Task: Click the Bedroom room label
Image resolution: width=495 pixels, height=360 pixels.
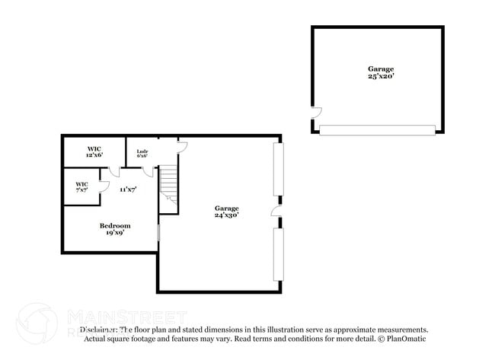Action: pyautogui.click(x=115, y=225)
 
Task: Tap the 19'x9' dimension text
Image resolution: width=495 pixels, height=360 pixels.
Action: pyautogui.click(x=115, y=233)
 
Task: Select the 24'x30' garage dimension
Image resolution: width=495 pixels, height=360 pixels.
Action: pyautogui.click(x=227, y=215)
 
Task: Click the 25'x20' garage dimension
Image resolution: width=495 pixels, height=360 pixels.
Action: pyautogui.click(x=381, y=76)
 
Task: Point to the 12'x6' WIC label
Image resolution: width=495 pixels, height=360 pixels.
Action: pyautogui.click(x=94, y=155)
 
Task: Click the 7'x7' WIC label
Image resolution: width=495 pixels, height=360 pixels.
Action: pyautogui.click(x=81, y=190)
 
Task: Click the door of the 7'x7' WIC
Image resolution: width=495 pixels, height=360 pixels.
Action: pyautogui.click(x=104, y=186)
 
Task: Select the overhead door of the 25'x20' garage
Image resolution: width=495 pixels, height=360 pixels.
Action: pyautogui.click(x=377, y=130)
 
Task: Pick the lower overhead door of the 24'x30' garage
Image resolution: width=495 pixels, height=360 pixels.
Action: pyautogui.click(x=279, y=254)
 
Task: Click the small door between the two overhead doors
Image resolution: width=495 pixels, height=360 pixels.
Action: pyautogui.click(x=276, y=211)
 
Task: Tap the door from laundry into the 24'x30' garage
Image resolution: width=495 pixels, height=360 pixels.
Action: pyautogui.click(x=181, y=146)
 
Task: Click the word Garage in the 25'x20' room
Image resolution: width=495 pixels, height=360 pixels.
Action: pyautogui.click(x=381, y=68)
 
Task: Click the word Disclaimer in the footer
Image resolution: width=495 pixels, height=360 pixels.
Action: pyautogui.click(x=98, y=330)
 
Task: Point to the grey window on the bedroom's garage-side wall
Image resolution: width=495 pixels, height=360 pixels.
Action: pyautogui.click(x=158, y=232)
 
